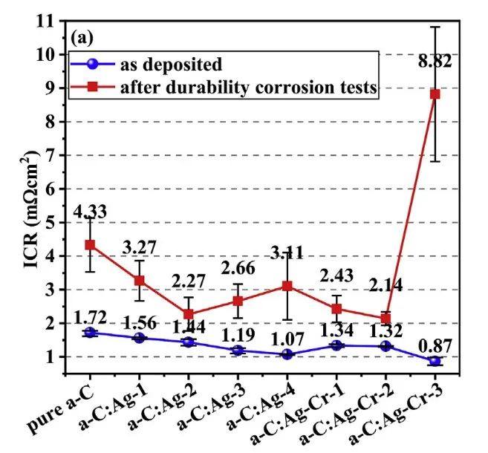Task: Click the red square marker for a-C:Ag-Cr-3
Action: coord(435,94)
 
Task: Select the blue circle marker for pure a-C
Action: coord(90,333)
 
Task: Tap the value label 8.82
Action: coord(435,61)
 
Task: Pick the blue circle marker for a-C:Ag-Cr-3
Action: coord(435,361)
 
